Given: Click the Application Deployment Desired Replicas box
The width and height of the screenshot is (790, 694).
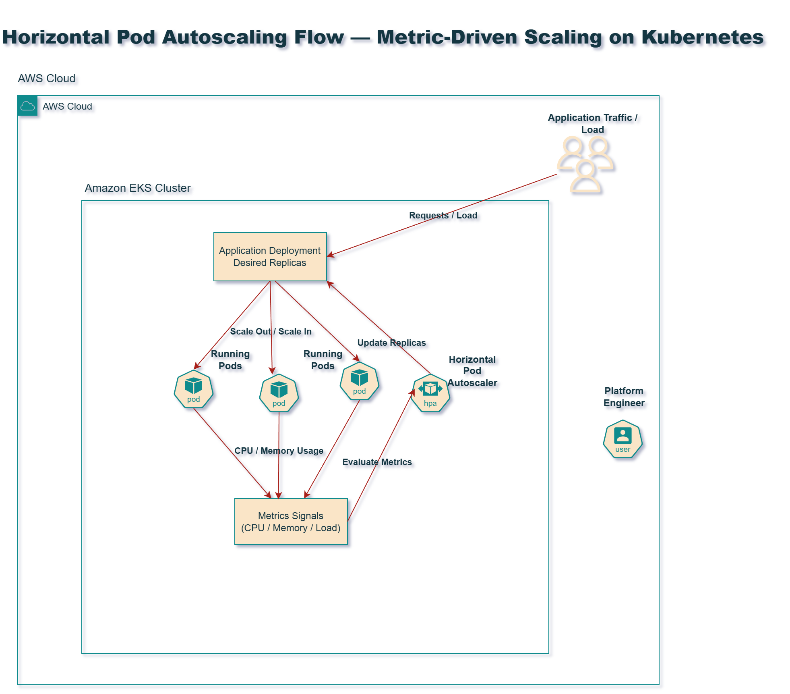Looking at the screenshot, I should pyautogui.click(x=270, y=257).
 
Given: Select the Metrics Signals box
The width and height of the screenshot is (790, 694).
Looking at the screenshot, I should pyautogui.click(x=291, y=522).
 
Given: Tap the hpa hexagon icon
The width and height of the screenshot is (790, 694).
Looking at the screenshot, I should pyautogui.click(x=430, y=393).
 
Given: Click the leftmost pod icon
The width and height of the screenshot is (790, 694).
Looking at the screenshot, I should pyautogui.click(x=193, y=389).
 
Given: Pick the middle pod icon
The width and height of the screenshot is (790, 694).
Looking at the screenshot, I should pyautogui.click(x=279, y=393).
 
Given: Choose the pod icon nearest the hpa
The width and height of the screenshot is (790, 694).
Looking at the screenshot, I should pyautogui.click(x=359, y=381).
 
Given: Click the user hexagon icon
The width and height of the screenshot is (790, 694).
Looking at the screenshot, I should pyautogui.click(x=622, y=439).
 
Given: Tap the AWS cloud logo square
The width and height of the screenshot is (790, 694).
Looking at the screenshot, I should pyautogui.click(x=27, y=106).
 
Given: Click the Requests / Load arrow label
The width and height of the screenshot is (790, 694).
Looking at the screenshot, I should pyautogui.click(x=443, y=216).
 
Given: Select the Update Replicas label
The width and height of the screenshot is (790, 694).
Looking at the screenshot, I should pyautogui.click(x=391, y=343).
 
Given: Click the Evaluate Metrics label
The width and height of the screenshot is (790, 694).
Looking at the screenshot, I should pyautogui.click(x=377, y=462).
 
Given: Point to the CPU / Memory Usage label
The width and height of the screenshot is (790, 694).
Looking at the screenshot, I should pyautogui.click(x=279, y=451).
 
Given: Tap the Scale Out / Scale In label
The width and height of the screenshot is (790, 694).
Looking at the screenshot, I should pyautogui.click(x=271, y=332).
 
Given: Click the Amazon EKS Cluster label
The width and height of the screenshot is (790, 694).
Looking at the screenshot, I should pyautogui.click(x=137, y=188).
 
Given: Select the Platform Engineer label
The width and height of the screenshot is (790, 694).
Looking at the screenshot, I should pyautogui.click(x=624, y=397).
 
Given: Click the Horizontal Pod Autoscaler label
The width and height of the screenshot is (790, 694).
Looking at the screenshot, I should pyautogui.click(x=472, y=371).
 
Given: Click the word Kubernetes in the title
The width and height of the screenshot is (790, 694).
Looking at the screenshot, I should pyautogui.click(x=702, y=37).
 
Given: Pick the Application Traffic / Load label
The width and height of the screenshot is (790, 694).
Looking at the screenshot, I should pyautogui.click(x=592, y=124).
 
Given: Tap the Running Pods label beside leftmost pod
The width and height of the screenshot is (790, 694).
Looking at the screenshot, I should pyautogui.click(x=230, y=360).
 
